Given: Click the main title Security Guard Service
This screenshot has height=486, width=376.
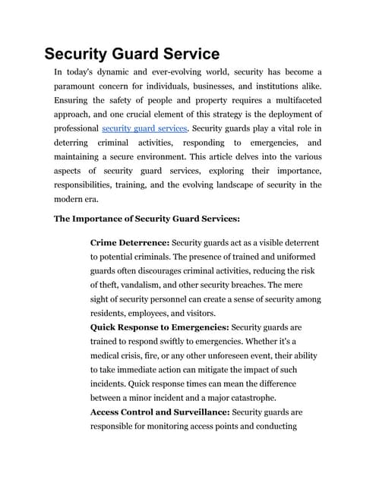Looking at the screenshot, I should click(x=132, y=54).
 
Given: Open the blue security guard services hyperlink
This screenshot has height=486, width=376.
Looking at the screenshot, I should click(x=144, y=128).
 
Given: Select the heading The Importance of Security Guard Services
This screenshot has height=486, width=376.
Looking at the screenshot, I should click(x=147, y=219).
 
